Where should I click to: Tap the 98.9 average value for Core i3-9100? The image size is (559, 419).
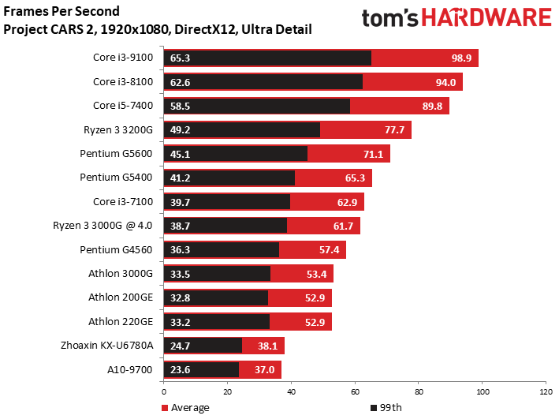pos(462,58)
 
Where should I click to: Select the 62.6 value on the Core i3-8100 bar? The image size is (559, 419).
pos(180,82)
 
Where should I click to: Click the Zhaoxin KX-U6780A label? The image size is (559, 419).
pos(110,346)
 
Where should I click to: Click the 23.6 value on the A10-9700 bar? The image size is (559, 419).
pos(180,369)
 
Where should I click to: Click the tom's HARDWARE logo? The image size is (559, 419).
pos(457,19)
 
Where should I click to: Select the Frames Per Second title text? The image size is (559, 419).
pos(62,12)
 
